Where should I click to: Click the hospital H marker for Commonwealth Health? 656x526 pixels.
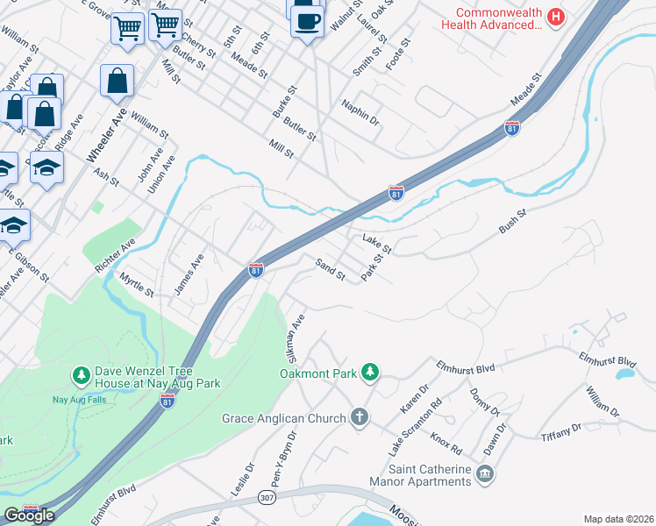(555, 17)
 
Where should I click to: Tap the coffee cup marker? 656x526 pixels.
(306, 19)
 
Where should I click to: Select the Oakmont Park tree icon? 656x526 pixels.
(371, 373)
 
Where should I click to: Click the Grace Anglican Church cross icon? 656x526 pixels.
(359, 417)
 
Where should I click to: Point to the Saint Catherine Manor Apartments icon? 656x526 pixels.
(484, 475)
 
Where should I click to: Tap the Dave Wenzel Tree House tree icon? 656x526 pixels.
(81, 376)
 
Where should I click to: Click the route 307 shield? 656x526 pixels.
(267, 498)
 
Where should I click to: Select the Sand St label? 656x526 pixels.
(331, 269)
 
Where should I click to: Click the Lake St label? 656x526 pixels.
(376, 244)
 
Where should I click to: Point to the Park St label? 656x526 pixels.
(375, 267)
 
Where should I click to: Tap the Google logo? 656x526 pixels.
(30, 515)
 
